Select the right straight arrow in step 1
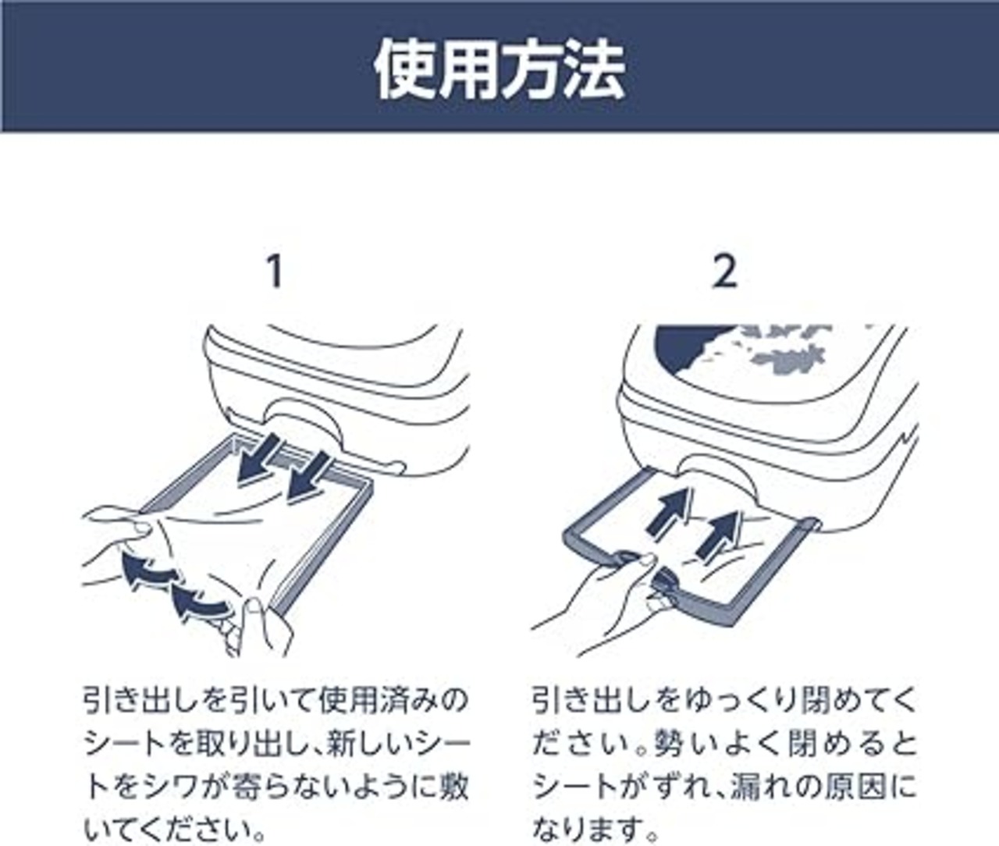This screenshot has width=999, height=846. [308, 477]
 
